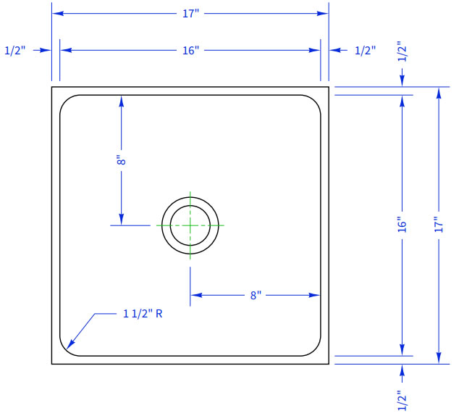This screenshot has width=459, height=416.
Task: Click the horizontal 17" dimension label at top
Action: (x=190, y=14)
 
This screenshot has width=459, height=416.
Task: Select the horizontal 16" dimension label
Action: (x=190, y=51)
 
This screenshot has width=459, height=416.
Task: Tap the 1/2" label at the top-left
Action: (x=15, y=51)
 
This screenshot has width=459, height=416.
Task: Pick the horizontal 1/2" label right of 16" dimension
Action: (x=365, y=51)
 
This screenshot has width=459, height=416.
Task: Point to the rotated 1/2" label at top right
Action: (x=403, y=53)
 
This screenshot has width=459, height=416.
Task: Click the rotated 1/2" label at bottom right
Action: (x=403, y=400)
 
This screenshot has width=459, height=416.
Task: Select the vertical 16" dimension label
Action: (x=403, y=225)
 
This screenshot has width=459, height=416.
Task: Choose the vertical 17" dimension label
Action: (x=439, y=225)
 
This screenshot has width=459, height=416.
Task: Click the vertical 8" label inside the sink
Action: (x=121, y=161)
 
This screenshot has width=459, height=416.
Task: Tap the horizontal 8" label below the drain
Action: (x=256, y=295)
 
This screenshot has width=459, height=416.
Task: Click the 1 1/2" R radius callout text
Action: (x=143, y=314)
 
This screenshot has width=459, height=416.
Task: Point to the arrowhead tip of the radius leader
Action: (x=67, y=349)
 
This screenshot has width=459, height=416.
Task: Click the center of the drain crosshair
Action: (x=190, y=225)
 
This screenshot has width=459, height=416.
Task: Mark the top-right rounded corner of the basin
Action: (x=315, y=101)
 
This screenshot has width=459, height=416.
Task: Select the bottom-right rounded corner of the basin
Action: (x=315, y=350)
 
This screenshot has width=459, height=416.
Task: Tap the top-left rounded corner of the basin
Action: (x=66, y=101)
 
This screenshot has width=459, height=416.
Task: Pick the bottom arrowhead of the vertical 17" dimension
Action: (x=439, y=358)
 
